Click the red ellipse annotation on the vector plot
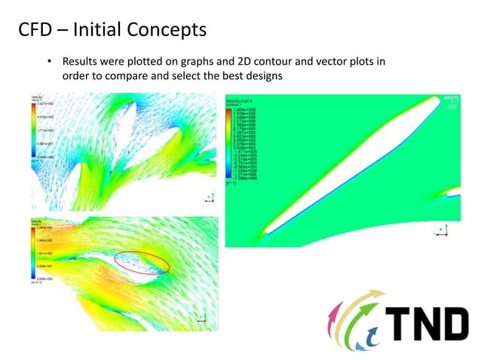[142, 261]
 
